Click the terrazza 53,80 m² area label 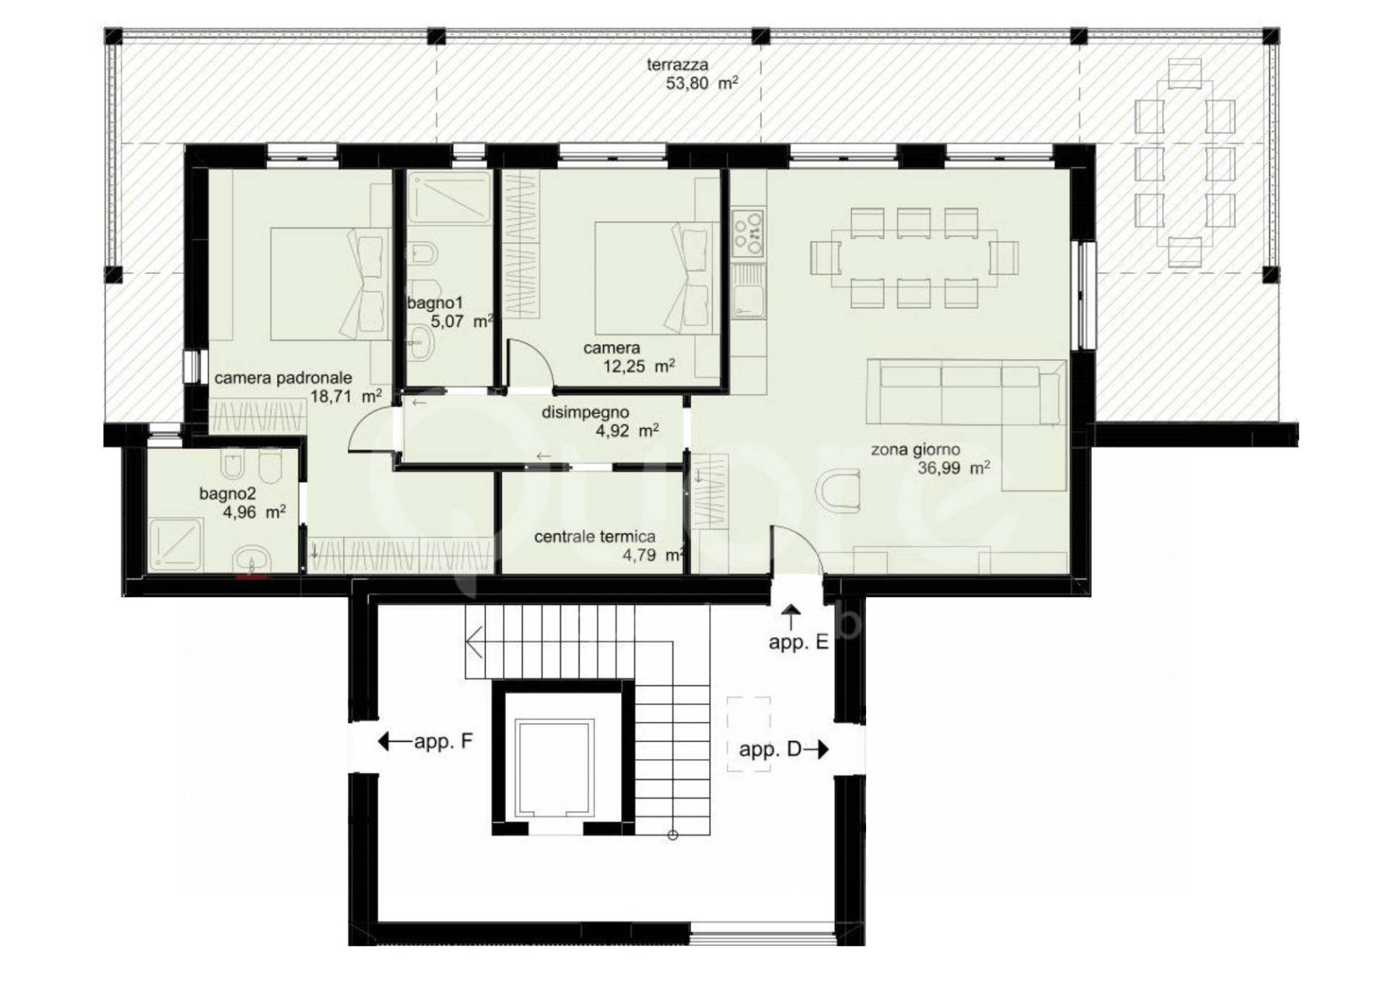tap(693, 74)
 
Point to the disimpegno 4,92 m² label tap(600, 421)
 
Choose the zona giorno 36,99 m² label tap(930, 459)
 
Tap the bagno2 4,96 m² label tap(242, 503)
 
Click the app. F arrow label tap(425, 741)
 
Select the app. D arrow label tap(784, 749)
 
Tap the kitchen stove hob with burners tap(748, 232)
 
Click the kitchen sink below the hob tap(748, 291)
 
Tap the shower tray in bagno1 tap(449, 197)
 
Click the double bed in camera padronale tap(326, 284)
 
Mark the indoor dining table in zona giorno tap(914, 258)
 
